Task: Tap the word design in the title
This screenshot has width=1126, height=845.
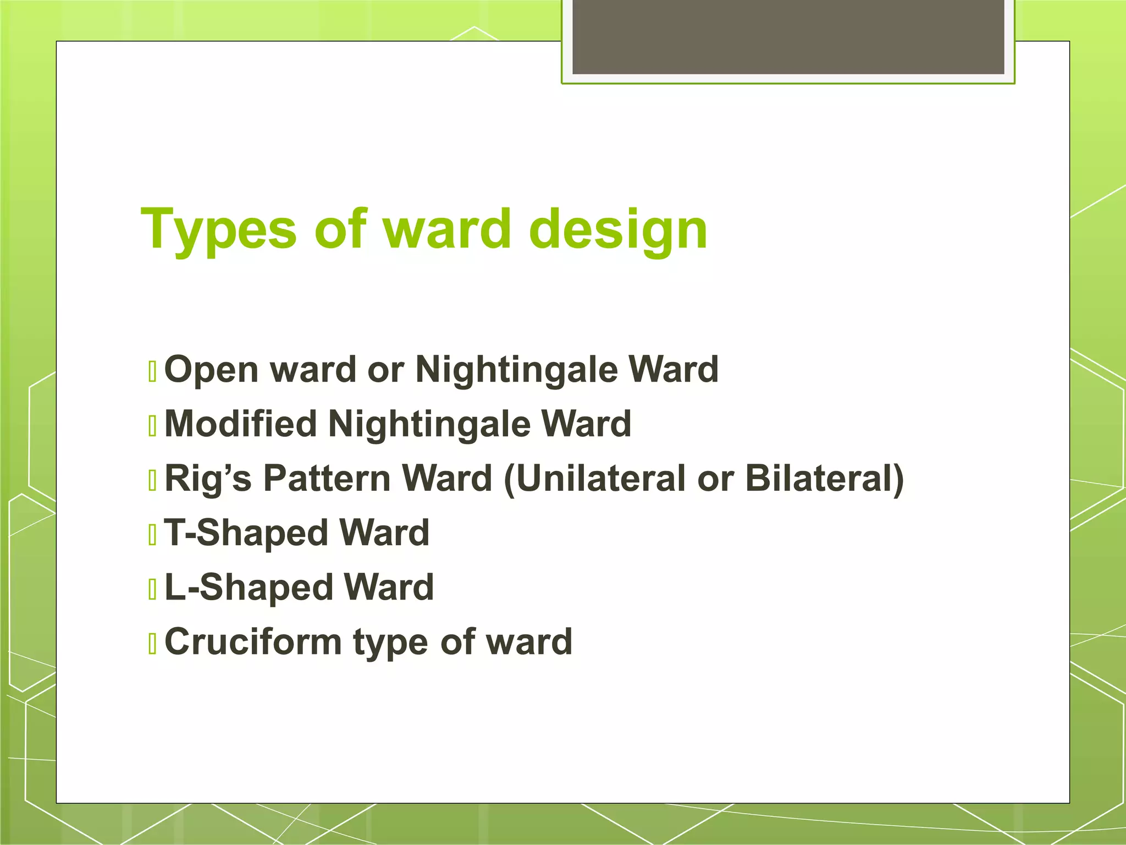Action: pyautogui.click(x=618, y=229)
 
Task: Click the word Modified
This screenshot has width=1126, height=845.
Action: pyautogui.click(x=241, y=424)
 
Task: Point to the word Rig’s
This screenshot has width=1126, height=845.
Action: pyautogui.click(x=208, y=478)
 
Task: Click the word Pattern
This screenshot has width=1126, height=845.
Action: pyautogui.click(x=327, y=478)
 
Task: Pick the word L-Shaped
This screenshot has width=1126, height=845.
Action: pyautogui.click(x=249, y=587)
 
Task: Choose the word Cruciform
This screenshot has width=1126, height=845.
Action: pyautogui.click(x=253, y=641)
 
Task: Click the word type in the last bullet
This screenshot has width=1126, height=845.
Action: pyautogui.click(x=390, y=643)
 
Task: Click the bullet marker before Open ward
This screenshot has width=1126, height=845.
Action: pyautogui.click(x=153, y=371)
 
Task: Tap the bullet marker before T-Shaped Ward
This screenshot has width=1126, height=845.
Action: pyautogui.click(x=153, y=535)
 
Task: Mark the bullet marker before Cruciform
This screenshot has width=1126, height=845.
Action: pyautogui.click(x=153, y=644)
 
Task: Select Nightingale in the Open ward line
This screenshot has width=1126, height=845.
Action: pyautogui.click(x=516, y=370)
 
